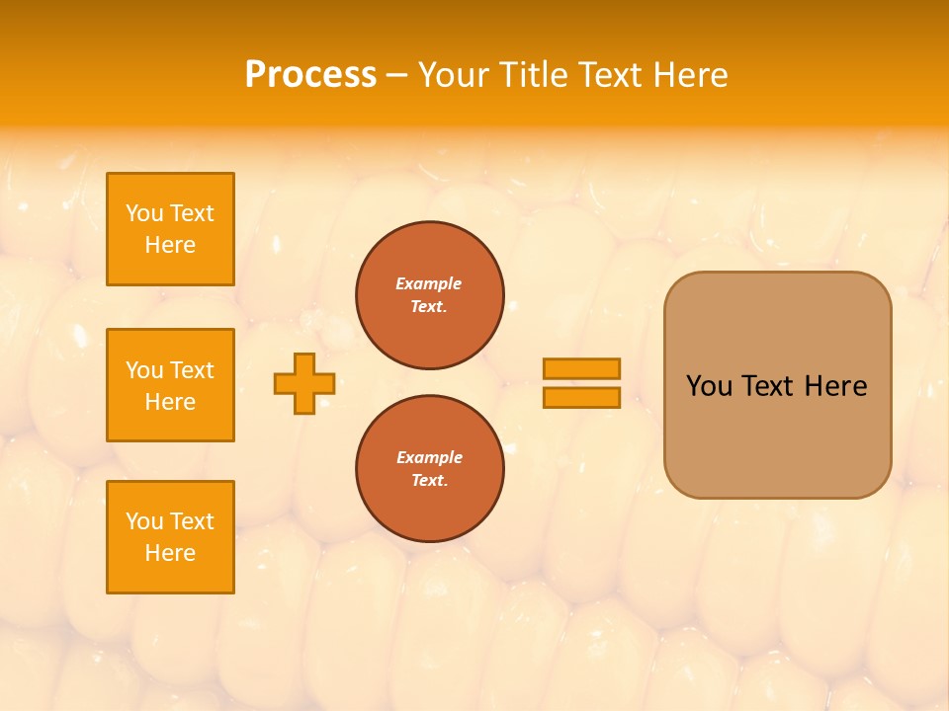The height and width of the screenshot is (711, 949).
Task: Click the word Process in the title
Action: click(x=310, y=75)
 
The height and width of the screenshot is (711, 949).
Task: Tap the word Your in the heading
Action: click(x=452, y=75)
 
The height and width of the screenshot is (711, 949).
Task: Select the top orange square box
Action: click(x=170, y=229)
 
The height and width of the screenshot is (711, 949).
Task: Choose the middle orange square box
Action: click(x=170, y=385)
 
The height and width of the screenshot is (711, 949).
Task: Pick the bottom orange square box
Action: click(x=170, y=537)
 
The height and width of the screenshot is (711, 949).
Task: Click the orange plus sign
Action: click(x=304, y=383)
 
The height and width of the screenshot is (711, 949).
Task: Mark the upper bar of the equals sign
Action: click(x=581, y=368)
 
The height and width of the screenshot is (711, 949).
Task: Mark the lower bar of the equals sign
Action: click(x=581, y=397)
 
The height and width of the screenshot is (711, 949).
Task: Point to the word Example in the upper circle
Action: click(x=429, y=283)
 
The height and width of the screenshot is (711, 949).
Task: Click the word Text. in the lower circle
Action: click(x=429, y=481)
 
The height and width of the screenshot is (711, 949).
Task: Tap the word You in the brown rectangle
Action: click(x=709, y=386)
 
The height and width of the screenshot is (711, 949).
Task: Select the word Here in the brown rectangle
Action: click(x=835, y=386)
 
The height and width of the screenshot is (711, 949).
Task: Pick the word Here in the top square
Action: click(x=170, y=245)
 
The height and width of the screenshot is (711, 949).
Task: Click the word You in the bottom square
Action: click(x=143, y=521)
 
